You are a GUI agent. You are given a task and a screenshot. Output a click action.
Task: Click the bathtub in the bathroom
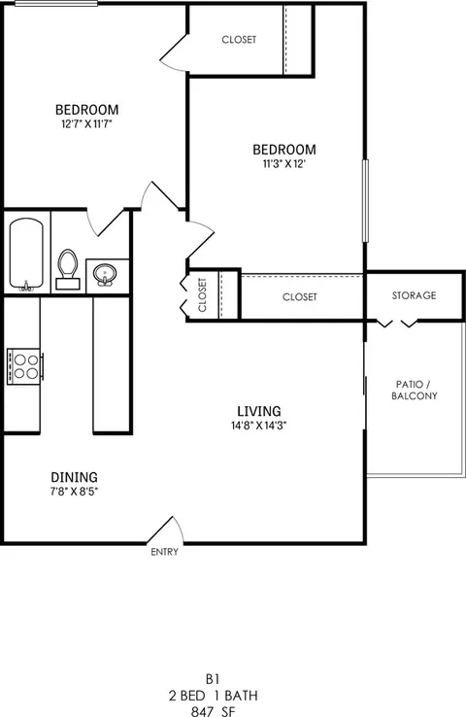click(27, 255)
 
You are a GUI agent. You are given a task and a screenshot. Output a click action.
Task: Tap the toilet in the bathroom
click(68, 268)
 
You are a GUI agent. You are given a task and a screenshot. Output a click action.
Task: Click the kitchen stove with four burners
click(25, 367)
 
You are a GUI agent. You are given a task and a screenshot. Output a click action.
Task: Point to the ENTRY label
click(164, 553)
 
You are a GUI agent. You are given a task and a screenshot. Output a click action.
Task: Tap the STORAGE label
click(414, 295)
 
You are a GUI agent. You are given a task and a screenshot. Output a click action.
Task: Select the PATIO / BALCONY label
click(415, 390)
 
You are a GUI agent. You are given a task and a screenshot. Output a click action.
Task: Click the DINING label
click(74, 477)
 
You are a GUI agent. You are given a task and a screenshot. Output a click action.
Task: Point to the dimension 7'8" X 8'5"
click(74, 492)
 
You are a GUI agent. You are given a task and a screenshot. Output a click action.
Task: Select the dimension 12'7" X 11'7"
click(86, 123)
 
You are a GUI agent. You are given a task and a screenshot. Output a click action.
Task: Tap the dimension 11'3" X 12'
click(284, 164)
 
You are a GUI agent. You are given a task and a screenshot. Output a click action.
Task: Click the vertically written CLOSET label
click(203, 294)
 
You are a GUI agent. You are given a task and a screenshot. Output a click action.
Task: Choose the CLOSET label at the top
click(239, 40)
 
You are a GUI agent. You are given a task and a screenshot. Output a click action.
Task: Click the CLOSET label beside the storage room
click(300, 296)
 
